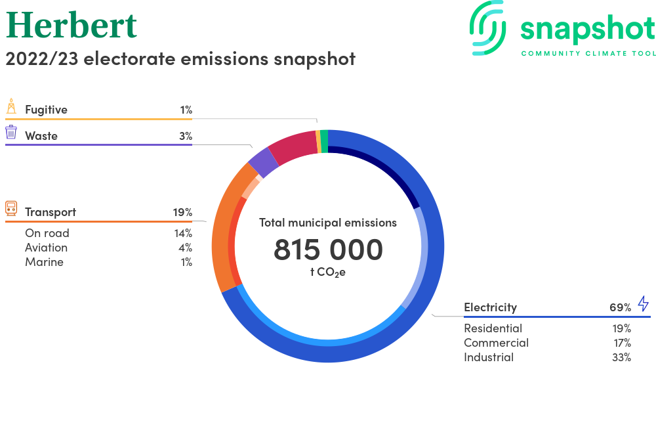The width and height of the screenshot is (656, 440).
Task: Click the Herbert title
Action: pyautogui.click(x=72, y=25)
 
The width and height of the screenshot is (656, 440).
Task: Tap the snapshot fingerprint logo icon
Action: pyautogui.click(x=487, y=28)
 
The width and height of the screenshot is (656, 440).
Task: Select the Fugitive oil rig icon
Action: pyautogui.click(x=11, y=106)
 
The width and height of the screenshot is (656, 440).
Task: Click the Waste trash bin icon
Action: pyautogui.click(x=11, y=132)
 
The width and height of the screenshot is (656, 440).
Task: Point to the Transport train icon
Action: pyautogui.click(x=11, y=208)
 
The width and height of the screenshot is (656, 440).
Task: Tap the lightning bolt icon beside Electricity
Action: pyautogui.click(x=644, y=303)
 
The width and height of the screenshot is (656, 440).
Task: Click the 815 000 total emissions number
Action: pyautogui.click(x=328, y=250)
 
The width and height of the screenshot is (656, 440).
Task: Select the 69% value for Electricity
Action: pyautogui.click(x=620, y=308)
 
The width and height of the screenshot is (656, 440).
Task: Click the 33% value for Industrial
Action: pyautogui.click(x=621, y=357)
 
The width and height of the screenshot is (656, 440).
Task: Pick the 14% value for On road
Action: pyautogui.click(x=183, y=233)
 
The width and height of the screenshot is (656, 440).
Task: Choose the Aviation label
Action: pyautogui.click(x=46, y=248)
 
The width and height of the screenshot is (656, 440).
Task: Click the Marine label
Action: pyautogui.click(x=45, y=262)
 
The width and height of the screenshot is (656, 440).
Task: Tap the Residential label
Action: pyautogui.click(x=493, y=328)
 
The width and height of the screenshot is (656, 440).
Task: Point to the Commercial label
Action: pyautogui.click(x=496, y=343)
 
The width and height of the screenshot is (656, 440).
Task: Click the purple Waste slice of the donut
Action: pyautogui.click(x=264, y=162)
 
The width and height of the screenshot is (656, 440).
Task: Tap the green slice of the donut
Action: pyautogui.click(x=324, y=141)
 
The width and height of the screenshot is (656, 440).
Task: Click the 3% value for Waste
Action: pyautogui.click(x=186, y=136)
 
